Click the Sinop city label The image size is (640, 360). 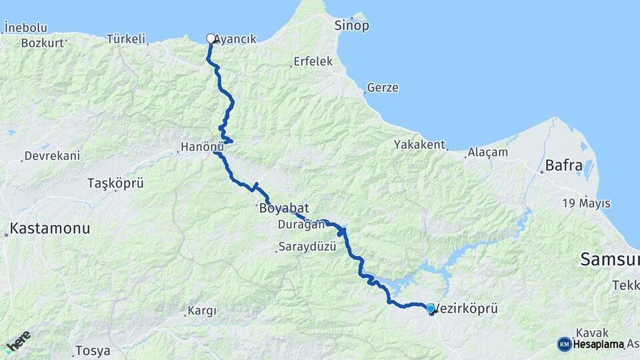351,26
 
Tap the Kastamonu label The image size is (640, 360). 50,229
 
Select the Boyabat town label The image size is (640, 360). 285,209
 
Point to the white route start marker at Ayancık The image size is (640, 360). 211,39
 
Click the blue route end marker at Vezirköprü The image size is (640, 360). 431,309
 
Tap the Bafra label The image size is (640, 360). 563,165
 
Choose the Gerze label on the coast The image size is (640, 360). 384,88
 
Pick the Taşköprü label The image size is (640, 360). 115,183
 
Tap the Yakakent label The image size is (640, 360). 419,144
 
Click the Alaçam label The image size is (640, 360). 487,152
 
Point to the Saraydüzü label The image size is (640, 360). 307,247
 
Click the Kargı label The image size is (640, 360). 202,311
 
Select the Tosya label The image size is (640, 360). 92,350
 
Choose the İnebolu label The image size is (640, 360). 25,27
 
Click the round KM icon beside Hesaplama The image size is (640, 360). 565,344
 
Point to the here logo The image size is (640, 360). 18,341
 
